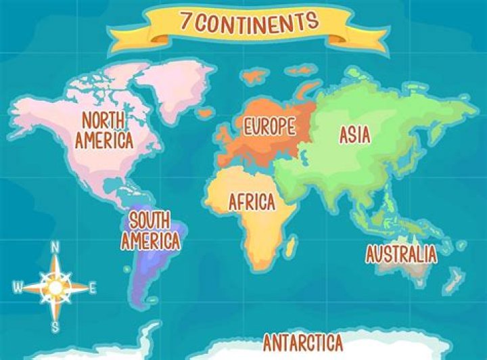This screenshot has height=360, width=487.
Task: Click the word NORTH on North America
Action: tap(104, 121)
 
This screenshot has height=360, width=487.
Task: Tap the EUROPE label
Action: tap(269, 126)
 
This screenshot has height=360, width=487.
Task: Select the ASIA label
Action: tap(354, 135)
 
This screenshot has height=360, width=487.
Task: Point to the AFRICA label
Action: tap(252, 202)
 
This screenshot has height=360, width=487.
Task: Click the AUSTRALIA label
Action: tap(401, 254)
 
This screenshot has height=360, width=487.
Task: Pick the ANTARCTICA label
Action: tap(302, 341)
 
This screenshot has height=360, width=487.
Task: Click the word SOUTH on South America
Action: tap(149, 220)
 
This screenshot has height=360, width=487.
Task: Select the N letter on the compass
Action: tap(55, 246)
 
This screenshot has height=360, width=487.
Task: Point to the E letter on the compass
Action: tap(93, 288)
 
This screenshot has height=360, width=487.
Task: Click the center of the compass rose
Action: tap(55, 288)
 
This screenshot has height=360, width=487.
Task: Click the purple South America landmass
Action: tap(152, 271)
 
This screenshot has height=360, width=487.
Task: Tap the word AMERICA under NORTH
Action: tap(104, 140)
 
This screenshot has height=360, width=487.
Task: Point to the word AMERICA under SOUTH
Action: tap(151, 240)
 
